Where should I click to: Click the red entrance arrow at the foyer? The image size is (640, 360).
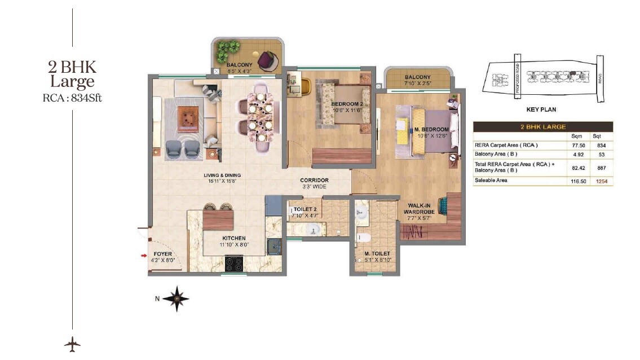144,257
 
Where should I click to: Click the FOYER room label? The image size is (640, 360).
162,254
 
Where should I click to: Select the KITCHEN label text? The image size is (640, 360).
234,238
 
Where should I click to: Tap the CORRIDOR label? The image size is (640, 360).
314,181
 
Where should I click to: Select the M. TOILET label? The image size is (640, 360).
377,254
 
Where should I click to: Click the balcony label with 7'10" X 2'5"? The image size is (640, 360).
417,77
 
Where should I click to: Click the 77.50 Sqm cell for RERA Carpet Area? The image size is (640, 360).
576,145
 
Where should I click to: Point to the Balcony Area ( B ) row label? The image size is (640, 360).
496,153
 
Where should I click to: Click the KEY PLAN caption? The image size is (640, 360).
541,109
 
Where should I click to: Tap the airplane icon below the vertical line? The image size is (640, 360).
72,344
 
